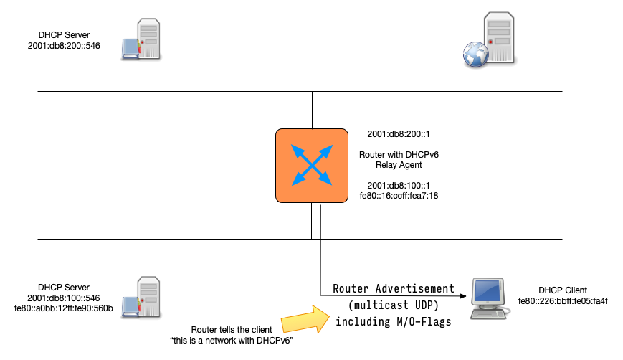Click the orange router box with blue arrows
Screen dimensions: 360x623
coord(312,165)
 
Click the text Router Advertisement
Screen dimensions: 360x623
coord(394,288)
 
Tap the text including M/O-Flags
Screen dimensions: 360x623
coord(394,322)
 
